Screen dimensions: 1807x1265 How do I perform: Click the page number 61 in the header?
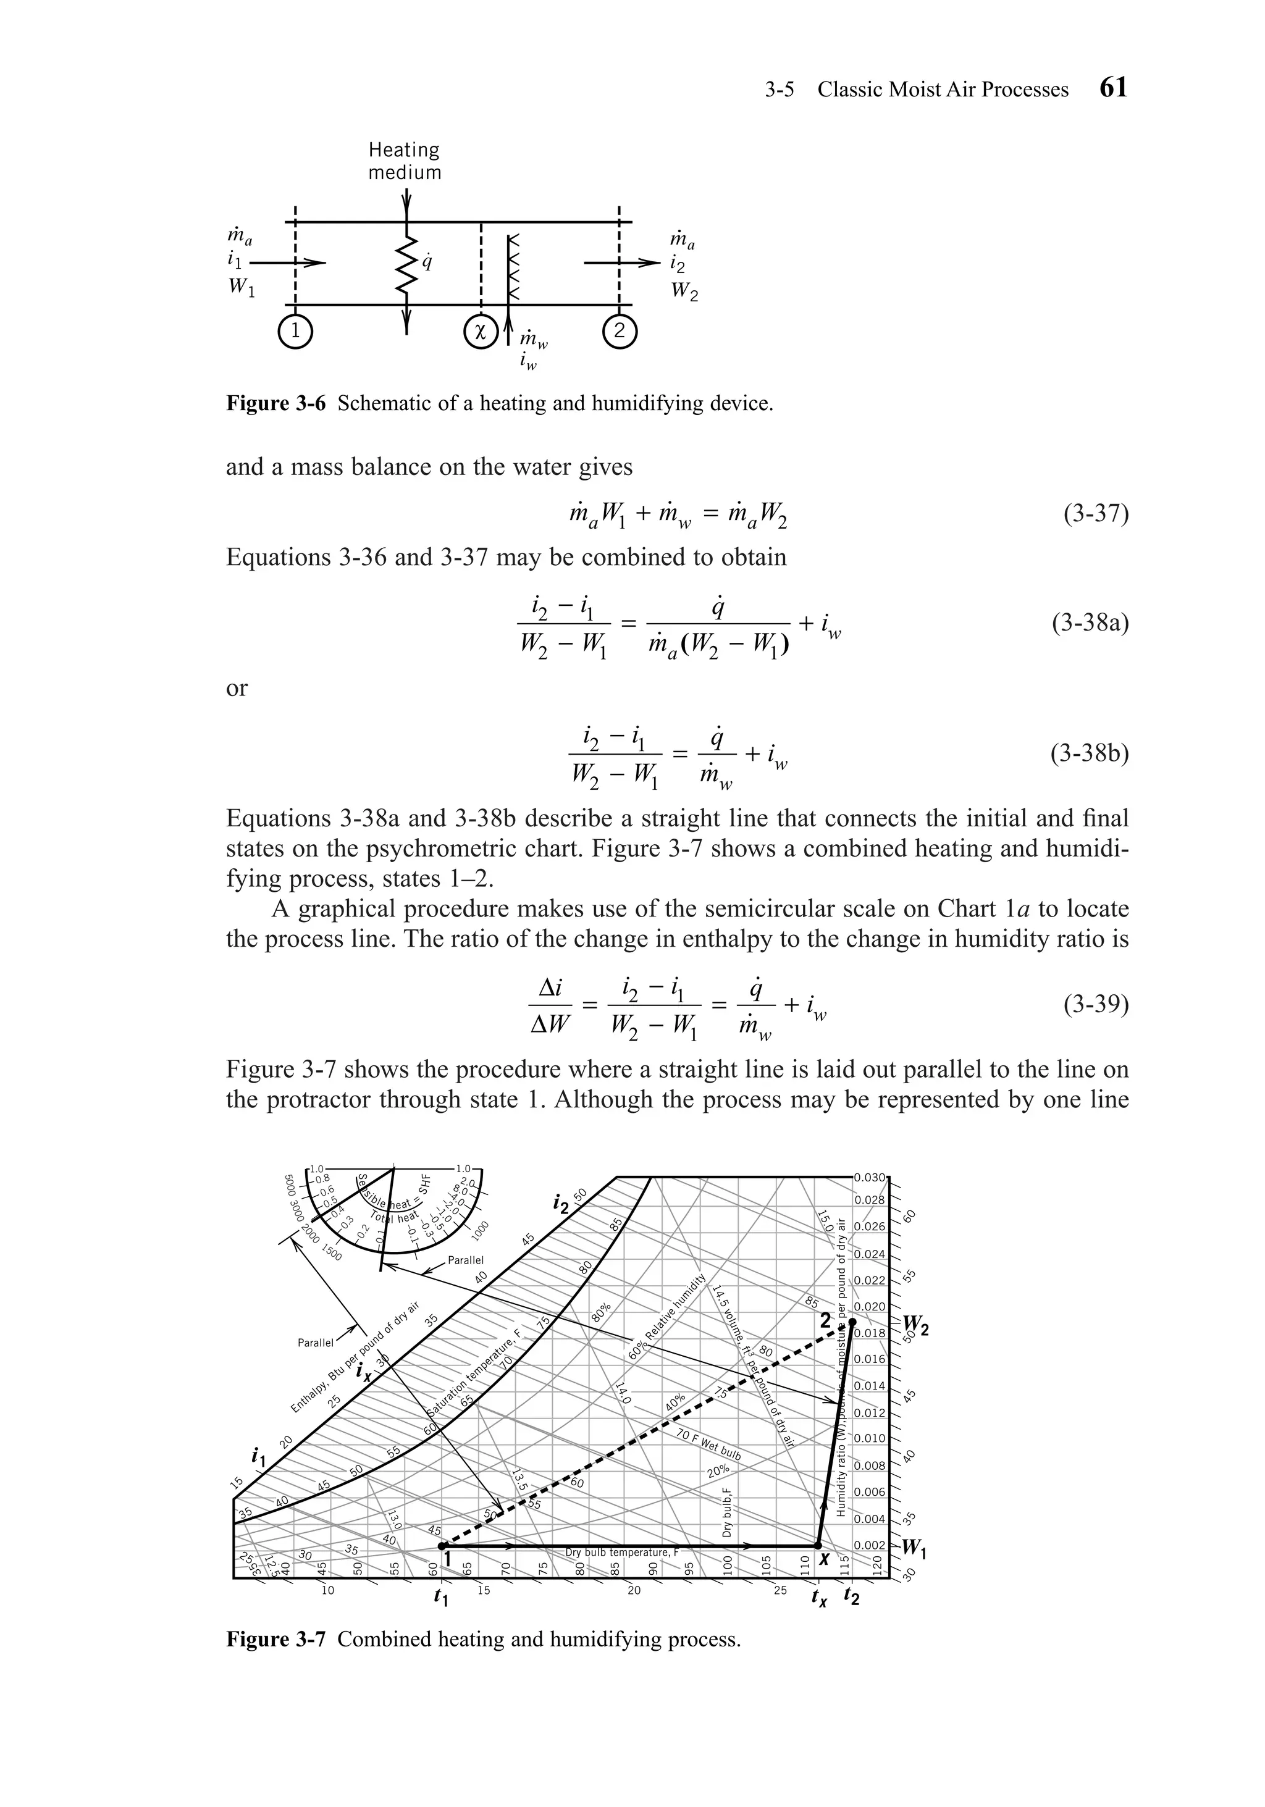[1113, 88]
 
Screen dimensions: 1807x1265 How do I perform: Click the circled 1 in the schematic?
[295, 332]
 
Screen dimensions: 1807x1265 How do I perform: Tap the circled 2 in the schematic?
[620, 332]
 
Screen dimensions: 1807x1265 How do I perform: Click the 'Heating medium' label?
[405, 161]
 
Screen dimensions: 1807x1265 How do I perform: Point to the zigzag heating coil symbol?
[406, 265]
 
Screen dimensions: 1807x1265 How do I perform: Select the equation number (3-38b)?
[1090, 754]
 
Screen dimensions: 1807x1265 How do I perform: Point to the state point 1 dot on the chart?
[442, 1546]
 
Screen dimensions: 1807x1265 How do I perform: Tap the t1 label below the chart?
[442, 1597]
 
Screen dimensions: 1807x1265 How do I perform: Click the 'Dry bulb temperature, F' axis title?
[621, 1552]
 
